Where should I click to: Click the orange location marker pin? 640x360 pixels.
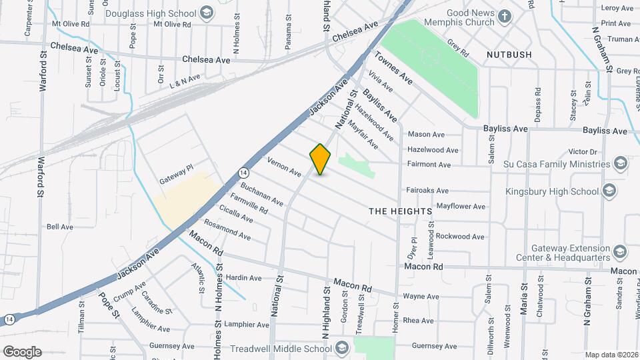point(320,159)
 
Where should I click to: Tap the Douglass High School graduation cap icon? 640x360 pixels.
point(207,13)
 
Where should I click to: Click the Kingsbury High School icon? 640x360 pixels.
point(608,191)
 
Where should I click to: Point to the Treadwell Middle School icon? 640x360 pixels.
point(342,348)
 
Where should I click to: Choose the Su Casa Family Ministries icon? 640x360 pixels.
point(621,164)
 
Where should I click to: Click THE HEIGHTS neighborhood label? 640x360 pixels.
point(401,211)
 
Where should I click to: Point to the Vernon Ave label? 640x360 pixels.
point(284,166)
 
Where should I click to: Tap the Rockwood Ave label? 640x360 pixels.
point(460,236)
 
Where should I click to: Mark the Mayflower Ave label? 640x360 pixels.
point(461,207)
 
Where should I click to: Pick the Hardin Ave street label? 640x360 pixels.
point(243,278)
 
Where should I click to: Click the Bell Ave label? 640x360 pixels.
point(60,227)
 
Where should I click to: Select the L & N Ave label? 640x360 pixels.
point(185,81)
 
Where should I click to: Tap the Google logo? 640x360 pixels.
point(22,351)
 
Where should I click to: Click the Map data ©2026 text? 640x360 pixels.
point(611,355)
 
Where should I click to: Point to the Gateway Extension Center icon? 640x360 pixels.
point(621,251)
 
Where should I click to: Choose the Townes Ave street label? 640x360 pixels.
point(393,68)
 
